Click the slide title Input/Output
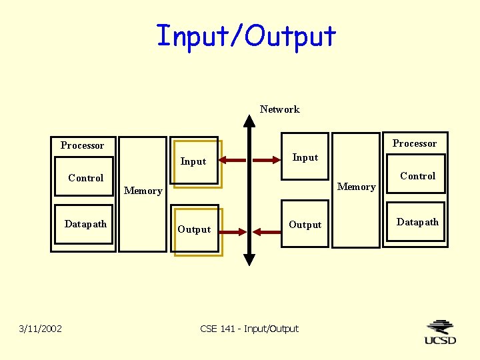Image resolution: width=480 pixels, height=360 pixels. (246, 35)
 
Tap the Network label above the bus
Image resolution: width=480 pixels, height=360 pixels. (279, 109)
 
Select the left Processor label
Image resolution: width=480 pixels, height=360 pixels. (82, 145)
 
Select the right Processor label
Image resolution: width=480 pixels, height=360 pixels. (414, 143)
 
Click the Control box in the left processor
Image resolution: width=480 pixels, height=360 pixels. (85, 177)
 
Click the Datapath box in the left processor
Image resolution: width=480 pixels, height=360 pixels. (85, 224)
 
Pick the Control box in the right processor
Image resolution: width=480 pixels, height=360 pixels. (417, 176)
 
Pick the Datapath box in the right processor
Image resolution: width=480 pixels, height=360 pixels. (417, 222)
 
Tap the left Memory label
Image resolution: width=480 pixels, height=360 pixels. (143, 191)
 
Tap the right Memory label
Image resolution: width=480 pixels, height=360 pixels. (356, 187)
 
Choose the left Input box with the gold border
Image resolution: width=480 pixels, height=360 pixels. (196, 162)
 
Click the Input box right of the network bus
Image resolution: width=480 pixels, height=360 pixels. (305, 157)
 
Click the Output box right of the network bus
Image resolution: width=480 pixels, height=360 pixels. (305, 225)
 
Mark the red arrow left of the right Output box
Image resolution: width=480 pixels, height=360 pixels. (267, 232)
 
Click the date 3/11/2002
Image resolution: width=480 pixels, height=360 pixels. (41, 329)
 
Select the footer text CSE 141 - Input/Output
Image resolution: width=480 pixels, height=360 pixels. (249, 329)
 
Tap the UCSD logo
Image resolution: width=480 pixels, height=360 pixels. (440, 332)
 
